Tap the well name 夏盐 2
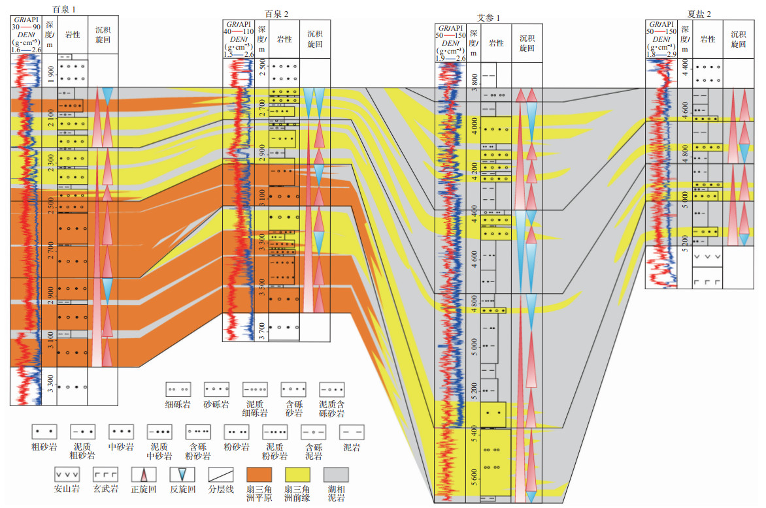point(700,12)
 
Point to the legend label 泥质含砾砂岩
point(331,409)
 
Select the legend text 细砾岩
point(177,405)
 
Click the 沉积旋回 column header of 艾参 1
point(527,43)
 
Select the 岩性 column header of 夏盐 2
point(707,39)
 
